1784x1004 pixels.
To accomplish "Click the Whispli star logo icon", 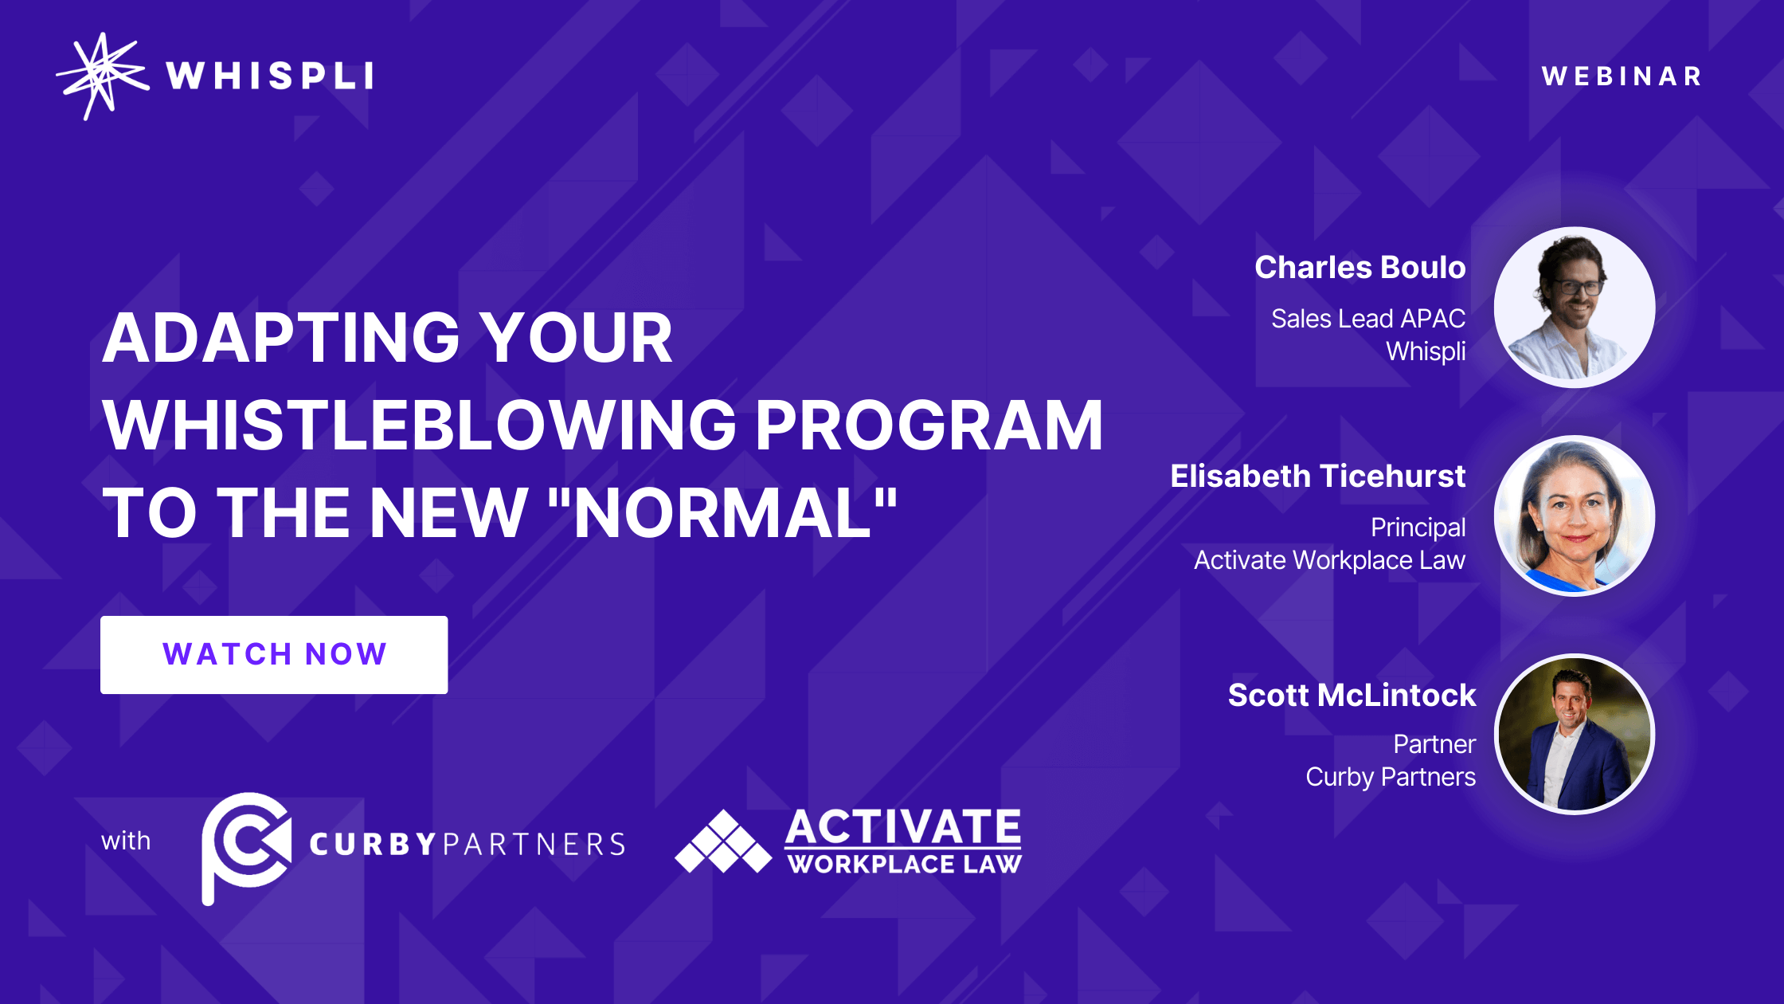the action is pos(102,76).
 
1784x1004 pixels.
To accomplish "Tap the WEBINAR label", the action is pos(1622,76).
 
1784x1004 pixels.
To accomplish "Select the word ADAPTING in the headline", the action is pos(281,338).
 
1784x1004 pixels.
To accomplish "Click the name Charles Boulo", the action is pos(1360,268).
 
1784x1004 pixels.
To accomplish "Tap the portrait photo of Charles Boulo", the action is pos(1575,308).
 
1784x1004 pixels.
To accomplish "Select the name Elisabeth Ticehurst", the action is pos(1318,477).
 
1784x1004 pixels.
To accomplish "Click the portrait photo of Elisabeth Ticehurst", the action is pos(1575,516).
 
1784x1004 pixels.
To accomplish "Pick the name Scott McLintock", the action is pos(1352,695).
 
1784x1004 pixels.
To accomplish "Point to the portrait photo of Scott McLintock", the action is pos(1575,734).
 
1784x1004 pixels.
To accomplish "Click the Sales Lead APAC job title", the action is pos(1368,319).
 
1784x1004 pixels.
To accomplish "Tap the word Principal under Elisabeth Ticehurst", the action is pos(1418,527).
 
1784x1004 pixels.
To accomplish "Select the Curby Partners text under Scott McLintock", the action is pos(1391,777).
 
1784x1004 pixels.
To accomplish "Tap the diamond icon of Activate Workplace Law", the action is pos(723,841).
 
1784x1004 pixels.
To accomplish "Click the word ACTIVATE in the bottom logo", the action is pos(903,827).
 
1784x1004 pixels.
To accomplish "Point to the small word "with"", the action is pos(126,841).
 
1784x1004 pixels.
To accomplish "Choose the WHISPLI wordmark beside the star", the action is pos(270,76).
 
